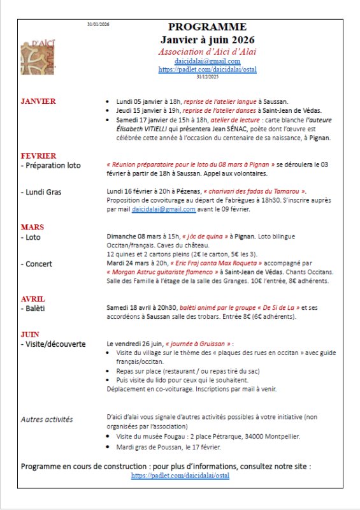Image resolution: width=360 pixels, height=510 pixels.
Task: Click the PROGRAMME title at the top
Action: [207, 27]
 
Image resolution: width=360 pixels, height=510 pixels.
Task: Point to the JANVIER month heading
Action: [38, 101]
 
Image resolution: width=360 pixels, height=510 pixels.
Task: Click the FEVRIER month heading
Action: [38, 156]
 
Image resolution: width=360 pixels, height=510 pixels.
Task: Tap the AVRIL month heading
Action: [33, 299]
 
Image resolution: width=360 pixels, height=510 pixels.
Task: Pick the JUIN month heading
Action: [30, 334]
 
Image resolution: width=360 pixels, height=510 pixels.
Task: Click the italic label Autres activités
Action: [47, 419]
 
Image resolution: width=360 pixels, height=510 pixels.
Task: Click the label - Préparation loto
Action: [51, 165]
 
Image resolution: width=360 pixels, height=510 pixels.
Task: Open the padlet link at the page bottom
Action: [180, 476]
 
